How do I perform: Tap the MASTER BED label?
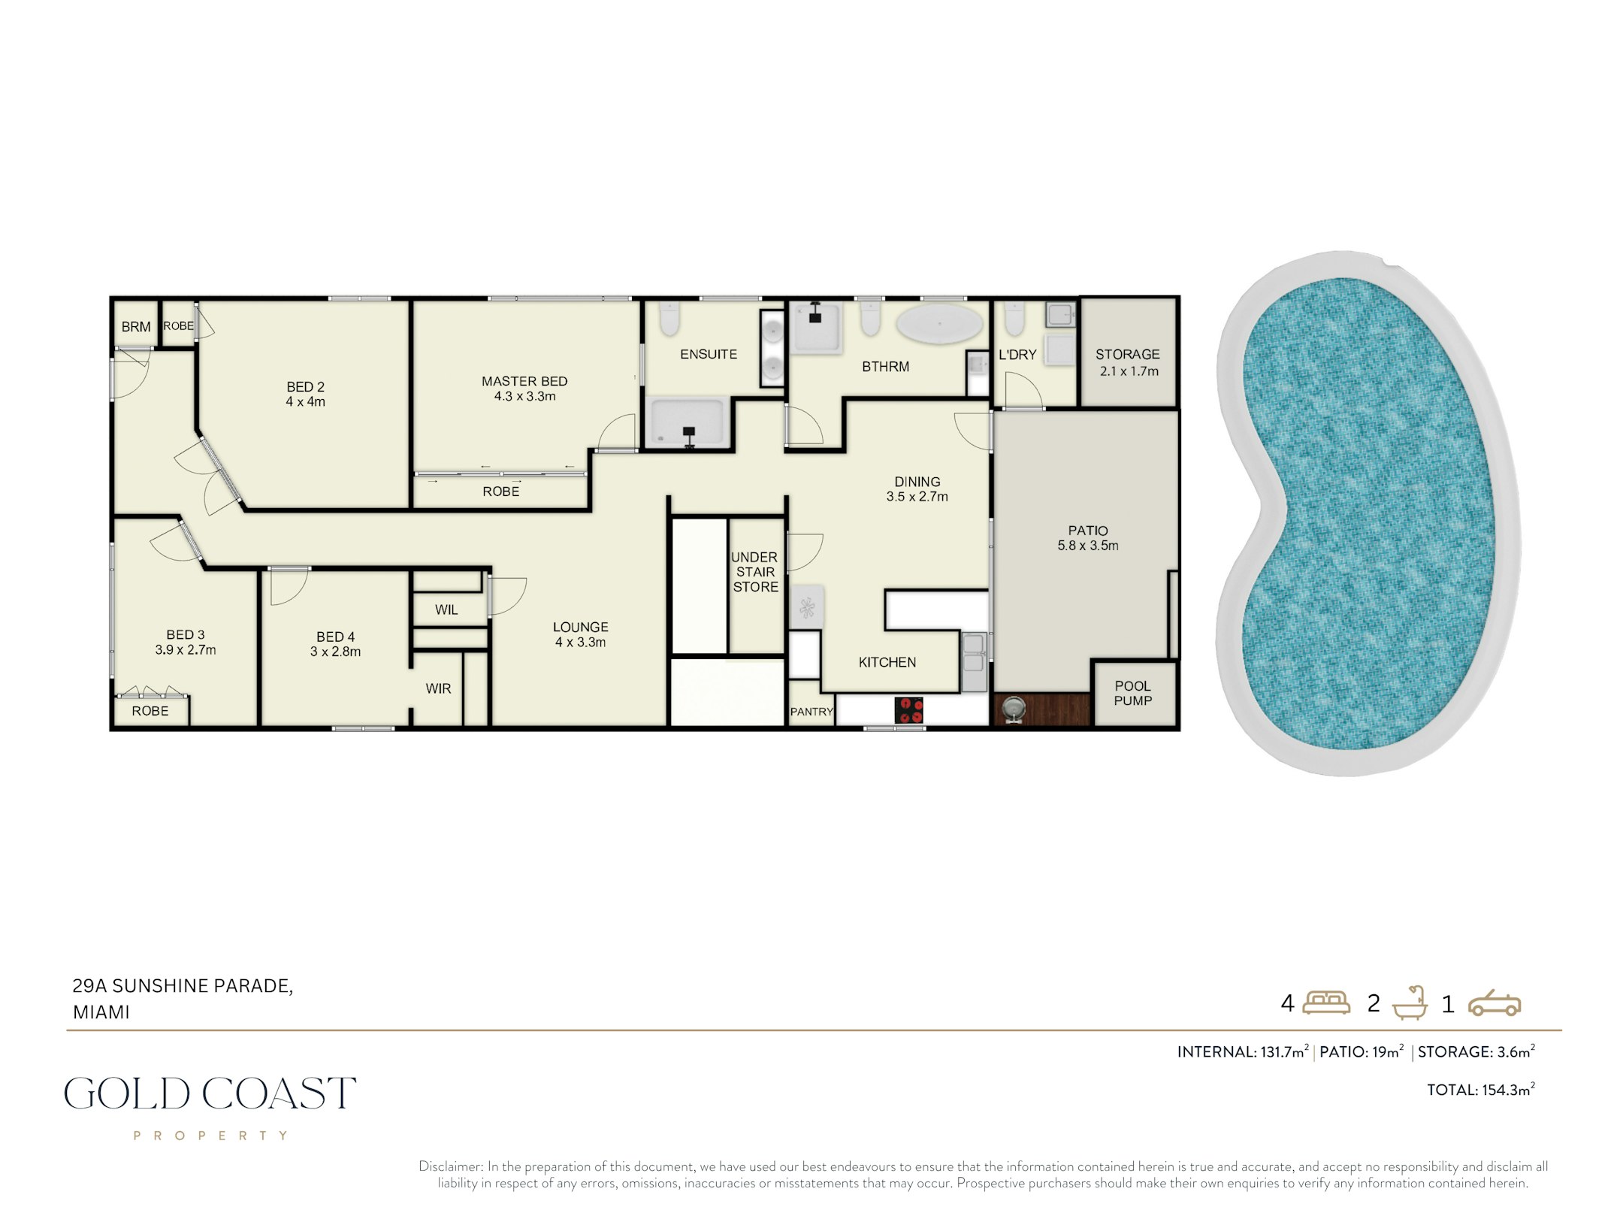[524, 382]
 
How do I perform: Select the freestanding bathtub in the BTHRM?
[940, 325]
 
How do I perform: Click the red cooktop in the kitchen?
[908, 709]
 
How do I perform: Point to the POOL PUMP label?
[1132, 693]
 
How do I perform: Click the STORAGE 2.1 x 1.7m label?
[1127, 362]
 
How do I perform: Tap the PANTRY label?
[811, 711]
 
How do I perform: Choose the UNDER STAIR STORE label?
[755, 572]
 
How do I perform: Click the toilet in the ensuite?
[669, 320]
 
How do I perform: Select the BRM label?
[136, 327]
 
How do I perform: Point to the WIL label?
[446, 610]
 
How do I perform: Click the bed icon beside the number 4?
[1326, 1003]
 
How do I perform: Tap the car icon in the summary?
[1495, 1003]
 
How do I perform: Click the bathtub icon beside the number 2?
[1410, 1003]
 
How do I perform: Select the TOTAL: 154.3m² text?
[1481, 1089]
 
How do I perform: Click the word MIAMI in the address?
[101, 1012]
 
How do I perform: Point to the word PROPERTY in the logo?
[210, 1136]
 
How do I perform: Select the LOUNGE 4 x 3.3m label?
[581, 634]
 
